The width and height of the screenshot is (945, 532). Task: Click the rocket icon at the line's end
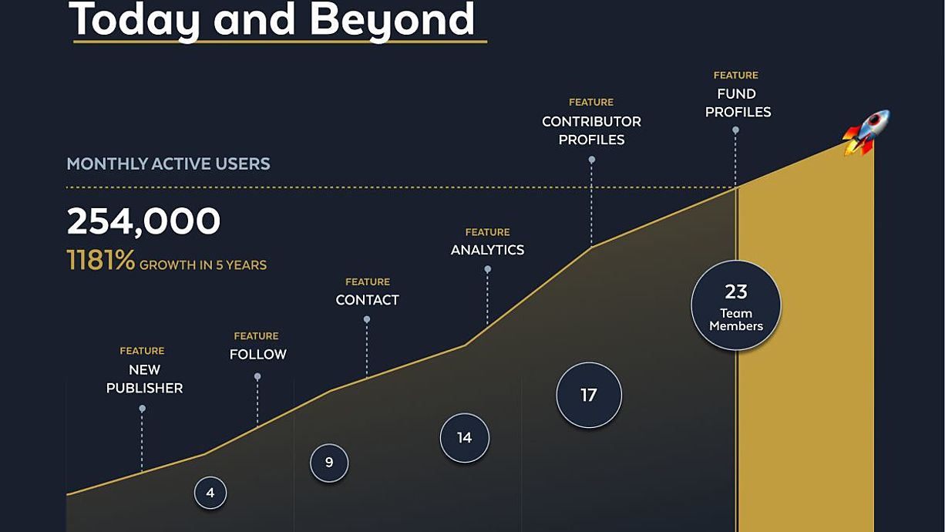click(866, 133)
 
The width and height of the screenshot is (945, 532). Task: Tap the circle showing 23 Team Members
click(736, 305)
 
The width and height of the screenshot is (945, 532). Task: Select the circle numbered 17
click(589, 396)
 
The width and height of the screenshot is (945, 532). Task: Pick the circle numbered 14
click(465, 438)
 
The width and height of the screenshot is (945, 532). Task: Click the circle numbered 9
click(329, 463)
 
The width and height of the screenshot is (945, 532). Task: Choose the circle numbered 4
click(210, 493)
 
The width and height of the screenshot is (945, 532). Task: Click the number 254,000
click(143, 221)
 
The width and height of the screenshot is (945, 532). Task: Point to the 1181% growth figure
click(101, 260)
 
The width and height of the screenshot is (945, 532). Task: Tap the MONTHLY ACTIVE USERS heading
click(168, 163)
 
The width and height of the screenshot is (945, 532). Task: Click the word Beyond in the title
click(392, 19)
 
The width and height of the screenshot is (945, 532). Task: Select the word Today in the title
click(134, 19)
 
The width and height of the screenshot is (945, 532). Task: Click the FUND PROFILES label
click(738, 103)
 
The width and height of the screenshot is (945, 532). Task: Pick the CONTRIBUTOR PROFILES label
click(591, 130)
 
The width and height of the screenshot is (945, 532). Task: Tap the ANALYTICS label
click(487, 250)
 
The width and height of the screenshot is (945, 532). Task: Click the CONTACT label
click(367, 300)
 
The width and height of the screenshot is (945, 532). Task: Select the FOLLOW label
click(257, 355)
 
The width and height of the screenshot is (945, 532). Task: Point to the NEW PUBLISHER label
click(144, 379)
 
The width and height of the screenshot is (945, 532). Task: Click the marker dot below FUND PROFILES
click(735, 130)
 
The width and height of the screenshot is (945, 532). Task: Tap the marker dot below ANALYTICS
click(487, 269)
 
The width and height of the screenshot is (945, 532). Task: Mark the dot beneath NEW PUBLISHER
click(142, 409)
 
